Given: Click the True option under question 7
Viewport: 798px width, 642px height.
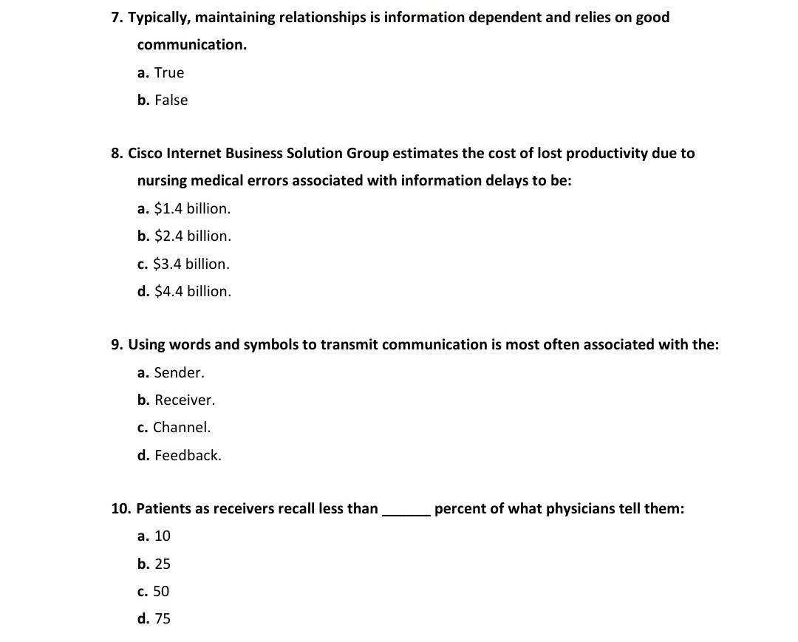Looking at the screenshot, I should (x=161, y=72).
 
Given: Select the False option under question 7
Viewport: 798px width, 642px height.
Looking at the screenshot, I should (x=163, y=100).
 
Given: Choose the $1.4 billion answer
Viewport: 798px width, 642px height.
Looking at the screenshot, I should (x=184, y=208).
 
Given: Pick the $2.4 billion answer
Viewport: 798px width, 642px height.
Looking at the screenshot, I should (x=185, y=236).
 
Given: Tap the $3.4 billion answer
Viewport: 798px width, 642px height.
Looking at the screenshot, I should (x=184, y=264).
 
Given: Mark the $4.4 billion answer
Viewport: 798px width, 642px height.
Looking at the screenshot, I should (x=185, y=291).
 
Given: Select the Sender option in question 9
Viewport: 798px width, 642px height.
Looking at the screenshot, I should (x=171, y=372).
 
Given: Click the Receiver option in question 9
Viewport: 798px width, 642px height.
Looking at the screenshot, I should (x=177, y=400).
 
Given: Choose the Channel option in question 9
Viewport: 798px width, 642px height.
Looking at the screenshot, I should (x=174, y=427).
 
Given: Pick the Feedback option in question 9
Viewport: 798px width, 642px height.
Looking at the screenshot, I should (x=180, y=455).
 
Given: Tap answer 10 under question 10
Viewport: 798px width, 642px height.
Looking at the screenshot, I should (x=154, y=536).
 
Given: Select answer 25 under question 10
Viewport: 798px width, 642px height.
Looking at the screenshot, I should (x=154, y=564).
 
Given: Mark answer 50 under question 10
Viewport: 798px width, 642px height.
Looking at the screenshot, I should (x=154, y=591).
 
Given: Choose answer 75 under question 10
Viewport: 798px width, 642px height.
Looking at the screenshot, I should (x=154, y=618).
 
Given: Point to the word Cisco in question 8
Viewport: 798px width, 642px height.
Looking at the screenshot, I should (x=146, y=153).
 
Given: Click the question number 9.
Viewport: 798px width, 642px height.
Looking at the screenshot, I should (x=117, y=344).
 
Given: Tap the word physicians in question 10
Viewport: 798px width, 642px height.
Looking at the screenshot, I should (x=580, y=509).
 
